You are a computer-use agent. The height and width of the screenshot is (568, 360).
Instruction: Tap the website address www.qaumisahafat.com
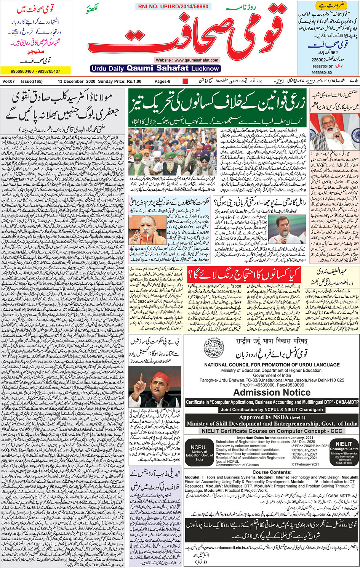tap(187, 60)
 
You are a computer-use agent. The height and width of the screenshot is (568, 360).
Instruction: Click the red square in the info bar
tap(186, 81)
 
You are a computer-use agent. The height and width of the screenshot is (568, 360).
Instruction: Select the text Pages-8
tap(162, 81)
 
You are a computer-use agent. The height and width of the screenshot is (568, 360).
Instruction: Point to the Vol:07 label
tap(8, 81)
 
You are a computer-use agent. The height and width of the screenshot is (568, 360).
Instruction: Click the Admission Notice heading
tap(272, 392)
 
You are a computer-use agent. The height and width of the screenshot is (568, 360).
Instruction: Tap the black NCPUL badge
tap(199, 452)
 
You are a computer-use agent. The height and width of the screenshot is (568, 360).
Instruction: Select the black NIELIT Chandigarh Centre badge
tap(344, 452)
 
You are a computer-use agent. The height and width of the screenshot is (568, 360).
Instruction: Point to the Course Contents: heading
tap(272, 472)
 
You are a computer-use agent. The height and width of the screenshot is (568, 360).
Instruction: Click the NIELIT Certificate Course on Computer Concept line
tap(272, 431)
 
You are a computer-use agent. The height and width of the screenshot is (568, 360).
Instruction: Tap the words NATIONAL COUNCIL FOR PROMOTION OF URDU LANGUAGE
tap(272, 365)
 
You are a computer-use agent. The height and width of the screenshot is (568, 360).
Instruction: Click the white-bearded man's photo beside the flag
tap(334, 132)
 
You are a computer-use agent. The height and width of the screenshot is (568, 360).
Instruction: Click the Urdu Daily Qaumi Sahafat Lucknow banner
tap(155, 69)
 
